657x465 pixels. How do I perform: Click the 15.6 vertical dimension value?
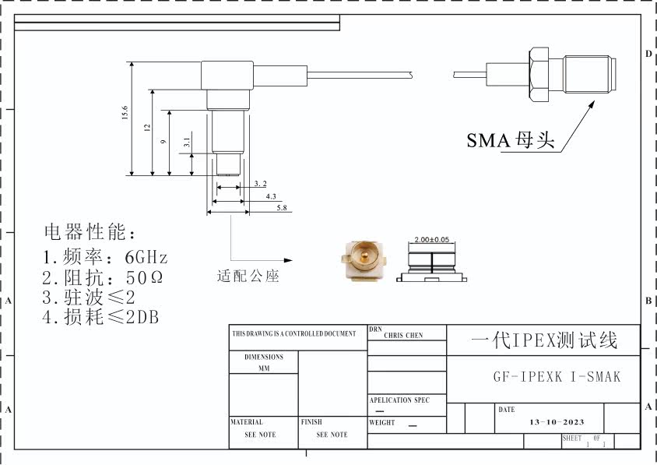coord(125,112)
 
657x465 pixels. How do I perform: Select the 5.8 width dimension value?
coord(281,208)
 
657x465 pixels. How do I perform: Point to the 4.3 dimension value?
coord(271,196)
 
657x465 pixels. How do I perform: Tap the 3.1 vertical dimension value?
coord(187,143)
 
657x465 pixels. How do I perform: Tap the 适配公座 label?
coord(248,276)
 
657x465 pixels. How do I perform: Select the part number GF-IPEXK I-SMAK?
coord(557,377)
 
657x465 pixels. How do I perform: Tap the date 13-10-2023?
coord(557,421)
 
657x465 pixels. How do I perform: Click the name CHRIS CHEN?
coord(404,336)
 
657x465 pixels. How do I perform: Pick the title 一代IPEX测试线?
coord(544,341)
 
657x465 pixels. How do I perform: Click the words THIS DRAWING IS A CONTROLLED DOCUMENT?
coord(293,333)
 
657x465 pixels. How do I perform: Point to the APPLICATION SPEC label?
coord(399,400)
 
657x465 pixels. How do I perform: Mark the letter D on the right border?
coord(648,54)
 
